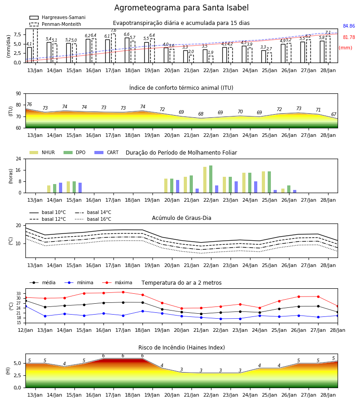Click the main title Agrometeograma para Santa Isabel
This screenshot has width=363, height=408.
click(x=181, y=8)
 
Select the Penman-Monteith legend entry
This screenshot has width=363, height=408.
click(x=55, y=24)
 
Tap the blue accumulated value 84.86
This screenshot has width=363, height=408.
click(x=349, y=26)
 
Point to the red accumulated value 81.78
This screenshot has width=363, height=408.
click(x=349, y=37)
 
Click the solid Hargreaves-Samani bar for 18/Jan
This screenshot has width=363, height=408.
click(x=127, y=50)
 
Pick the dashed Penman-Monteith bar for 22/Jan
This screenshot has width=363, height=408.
click(x=211, y=59)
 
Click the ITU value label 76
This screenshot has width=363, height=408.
click(x=29, y=104)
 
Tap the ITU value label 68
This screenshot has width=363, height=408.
click(x=201, y=114)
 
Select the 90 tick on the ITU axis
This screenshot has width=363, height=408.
click(x=19, y=94)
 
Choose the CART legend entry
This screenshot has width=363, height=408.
click(x=107, y=152)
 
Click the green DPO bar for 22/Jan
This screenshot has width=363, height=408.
click(x=211, y=179)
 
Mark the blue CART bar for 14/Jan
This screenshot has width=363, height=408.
click(x=60, y=188)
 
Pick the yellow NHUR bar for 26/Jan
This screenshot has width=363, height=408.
click(x=283, y=191)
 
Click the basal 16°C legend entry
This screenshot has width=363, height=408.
click(x=93, y=219)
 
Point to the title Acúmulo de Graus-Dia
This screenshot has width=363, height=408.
click(x=181, y=218)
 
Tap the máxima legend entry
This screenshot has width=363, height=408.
click(x=118, y=282)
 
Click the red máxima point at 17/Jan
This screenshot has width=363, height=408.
click(x=123, y=292)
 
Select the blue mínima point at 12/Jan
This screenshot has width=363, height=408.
click(x=25, y=306)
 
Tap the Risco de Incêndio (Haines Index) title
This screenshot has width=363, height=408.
click(x=181, y=348)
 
